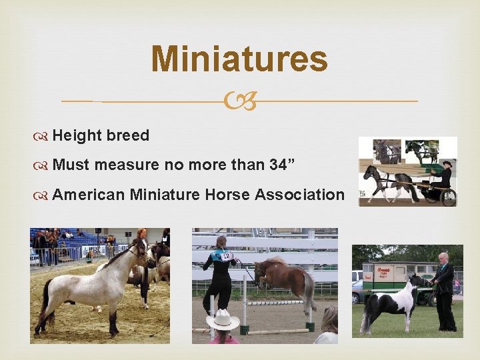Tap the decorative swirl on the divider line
tap(240, 102)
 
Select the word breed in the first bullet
tap(127, 135)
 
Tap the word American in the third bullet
tap(88, 195)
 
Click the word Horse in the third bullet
tap(225, 195)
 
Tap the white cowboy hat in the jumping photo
tap(223, 321)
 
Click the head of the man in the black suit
tap(443, 258)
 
